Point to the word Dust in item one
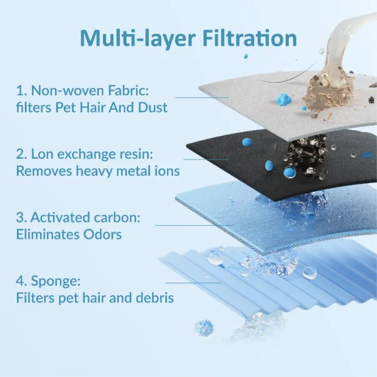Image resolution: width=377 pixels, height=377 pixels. [153, 107]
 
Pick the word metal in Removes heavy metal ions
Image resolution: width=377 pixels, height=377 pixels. [139, 170]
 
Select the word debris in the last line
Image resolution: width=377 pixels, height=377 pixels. [153, 298]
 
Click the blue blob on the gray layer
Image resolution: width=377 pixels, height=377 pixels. [284, 99]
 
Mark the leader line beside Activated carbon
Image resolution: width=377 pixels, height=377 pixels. [194, 224]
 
